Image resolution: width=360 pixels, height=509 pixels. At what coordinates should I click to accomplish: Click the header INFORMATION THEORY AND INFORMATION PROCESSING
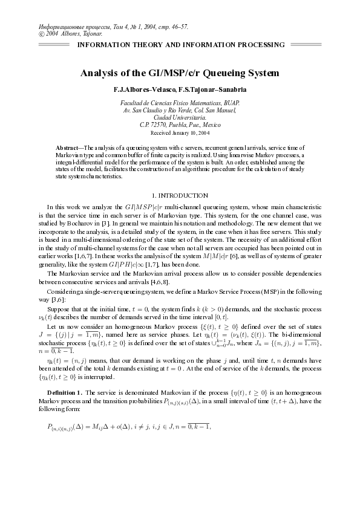tap(180, 45)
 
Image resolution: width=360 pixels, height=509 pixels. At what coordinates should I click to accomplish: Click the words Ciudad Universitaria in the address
tap(180, 117)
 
